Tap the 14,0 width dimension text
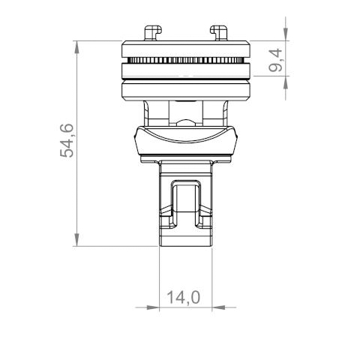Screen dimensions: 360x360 click(184, 298)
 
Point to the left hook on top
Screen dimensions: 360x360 click(153, 32)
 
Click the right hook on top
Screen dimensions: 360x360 click(220, 32)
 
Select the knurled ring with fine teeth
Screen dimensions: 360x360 click(186, 60)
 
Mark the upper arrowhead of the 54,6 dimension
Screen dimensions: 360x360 click(78, 47)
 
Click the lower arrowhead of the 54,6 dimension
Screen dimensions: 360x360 click(78, 241)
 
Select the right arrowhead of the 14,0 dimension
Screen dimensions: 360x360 click(220, 307)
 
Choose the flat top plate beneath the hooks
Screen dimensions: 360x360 click(186, 49)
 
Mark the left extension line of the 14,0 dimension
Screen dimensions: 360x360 click(161, 277)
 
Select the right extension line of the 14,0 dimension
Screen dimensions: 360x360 click(213, 277)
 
